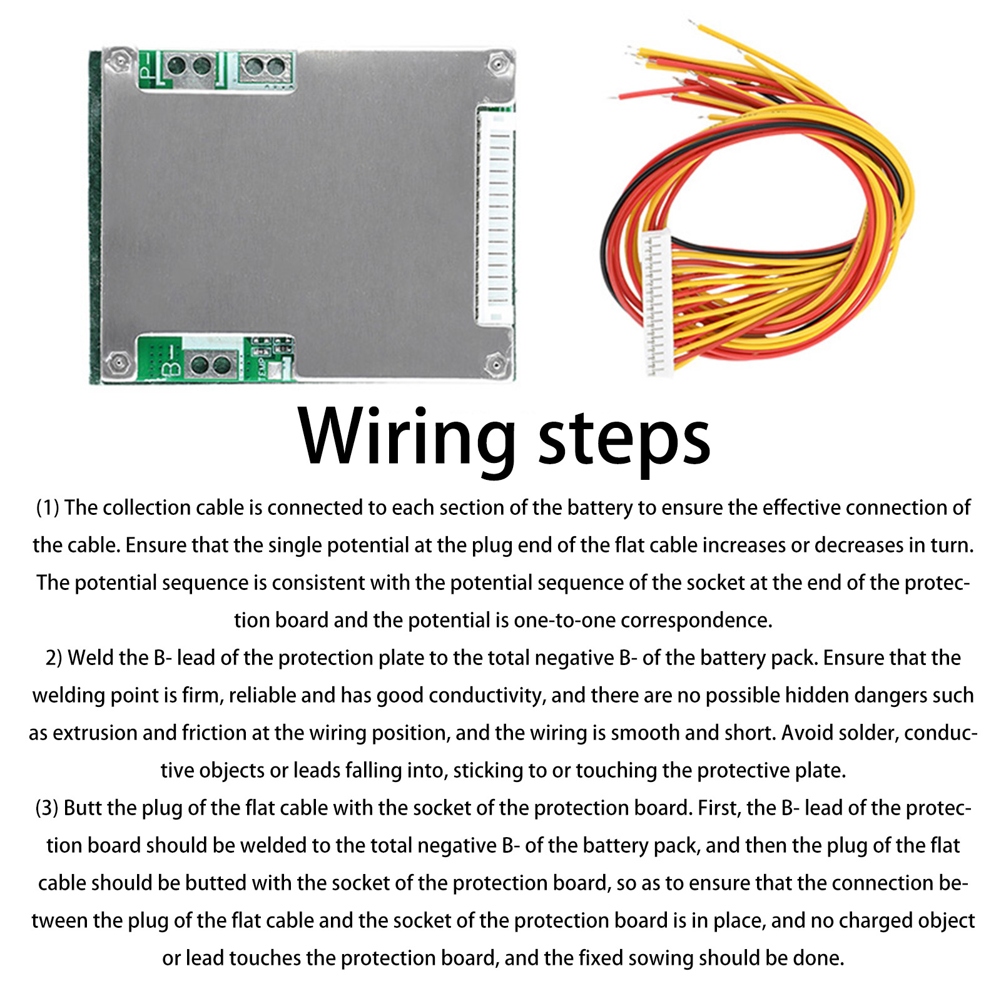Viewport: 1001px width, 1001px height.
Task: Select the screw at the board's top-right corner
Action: coord(497,63)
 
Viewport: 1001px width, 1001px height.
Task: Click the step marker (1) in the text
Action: coord(48,507)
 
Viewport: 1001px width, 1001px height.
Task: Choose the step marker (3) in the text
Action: coord(47,808)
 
